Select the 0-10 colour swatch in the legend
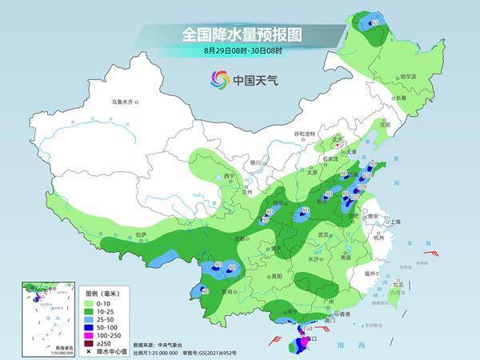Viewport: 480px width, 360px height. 90,302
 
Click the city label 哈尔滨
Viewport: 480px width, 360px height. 408,76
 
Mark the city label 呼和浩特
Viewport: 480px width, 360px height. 306,134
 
